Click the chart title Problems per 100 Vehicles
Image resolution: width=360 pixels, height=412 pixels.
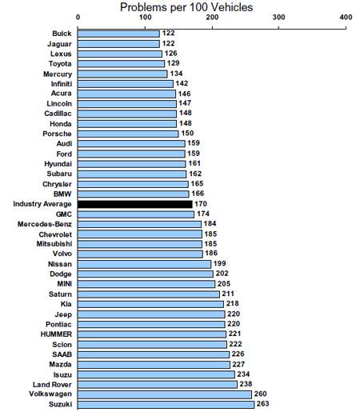tap(186, 7)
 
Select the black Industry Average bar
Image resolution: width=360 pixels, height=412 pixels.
tap(135, 204)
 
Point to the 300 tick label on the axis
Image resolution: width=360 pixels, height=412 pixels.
tap(278, 18)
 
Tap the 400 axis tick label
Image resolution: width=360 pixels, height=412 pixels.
tap(346, 18)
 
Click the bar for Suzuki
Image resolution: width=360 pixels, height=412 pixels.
tap(166, 405)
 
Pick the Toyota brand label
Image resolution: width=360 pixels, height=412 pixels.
tap(60, 64)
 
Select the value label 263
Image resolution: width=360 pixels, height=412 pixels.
tap(262, 404)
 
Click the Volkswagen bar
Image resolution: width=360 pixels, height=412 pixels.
tap(165, 394)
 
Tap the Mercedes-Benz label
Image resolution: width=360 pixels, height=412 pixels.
tap(45, 224)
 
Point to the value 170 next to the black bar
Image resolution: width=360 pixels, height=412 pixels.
tap(201, 204)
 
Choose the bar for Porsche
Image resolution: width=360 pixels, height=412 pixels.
tap(128, 134)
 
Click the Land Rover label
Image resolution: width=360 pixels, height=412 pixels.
tap(52, 385)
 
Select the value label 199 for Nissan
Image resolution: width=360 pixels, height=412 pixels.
tap(219, 263)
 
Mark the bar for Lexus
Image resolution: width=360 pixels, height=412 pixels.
tap(120, 54)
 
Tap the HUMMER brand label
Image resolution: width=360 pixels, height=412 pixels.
tap(56, 334)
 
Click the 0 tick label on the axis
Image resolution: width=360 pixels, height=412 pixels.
tap(78, 18)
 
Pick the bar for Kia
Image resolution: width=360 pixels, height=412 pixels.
tap(150, 304)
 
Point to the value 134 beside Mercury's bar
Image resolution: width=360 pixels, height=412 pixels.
tap(176, 74)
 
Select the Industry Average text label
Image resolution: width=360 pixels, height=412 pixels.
tap(42, 204)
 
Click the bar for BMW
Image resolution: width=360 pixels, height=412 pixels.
tap(134, 194)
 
